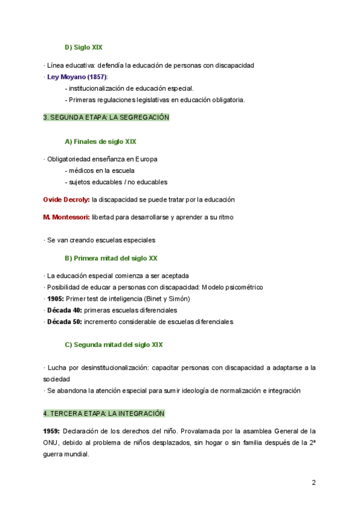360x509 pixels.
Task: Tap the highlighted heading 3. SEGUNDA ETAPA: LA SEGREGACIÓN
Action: tap(106, 118)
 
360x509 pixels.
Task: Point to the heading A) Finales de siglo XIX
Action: tap(100, 142)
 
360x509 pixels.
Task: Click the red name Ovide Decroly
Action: tap(66, 199)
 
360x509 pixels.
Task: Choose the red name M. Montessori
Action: tap(66, 217)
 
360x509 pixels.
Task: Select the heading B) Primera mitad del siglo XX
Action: tap(111, 258)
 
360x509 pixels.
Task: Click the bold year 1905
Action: tap(56, 299)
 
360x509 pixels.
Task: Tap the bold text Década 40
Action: tap(64, 310)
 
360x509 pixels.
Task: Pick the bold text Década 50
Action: tap(64, 322)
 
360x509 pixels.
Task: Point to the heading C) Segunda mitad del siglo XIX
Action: tap(113, 345)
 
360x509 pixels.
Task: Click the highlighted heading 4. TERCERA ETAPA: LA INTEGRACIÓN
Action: tap(104, 414)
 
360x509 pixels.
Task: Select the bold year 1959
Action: tap(51, 432)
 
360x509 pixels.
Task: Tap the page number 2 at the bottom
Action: tap(313, 483)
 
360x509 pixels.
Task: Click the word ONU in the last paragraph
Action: tap(51, 443)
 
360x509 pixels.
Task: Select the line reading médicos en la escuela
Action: tap(100, 170)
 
